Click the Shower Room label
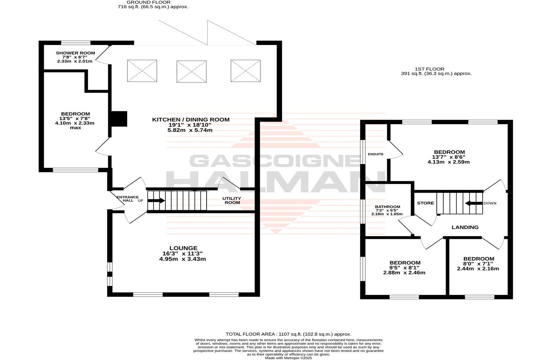75,53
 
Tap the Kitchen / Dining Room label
191,119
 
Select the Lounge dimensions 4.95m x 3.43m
182,259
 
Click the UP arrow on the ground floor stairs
156,200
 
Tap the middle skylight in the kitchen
191,71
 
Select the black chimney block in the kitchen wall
119,119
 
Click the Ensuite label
375,154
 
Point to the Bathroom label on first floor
387,207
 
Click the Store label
425,203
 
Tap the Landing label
465,227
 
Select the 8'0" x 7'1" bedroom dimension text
479,264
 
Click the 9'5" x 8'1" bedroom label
404,263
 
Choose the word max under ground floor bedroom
75,128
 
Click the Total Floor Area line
288,334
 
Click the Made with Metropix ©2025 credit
288,358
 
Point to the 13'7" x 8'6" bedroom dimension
449,157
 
